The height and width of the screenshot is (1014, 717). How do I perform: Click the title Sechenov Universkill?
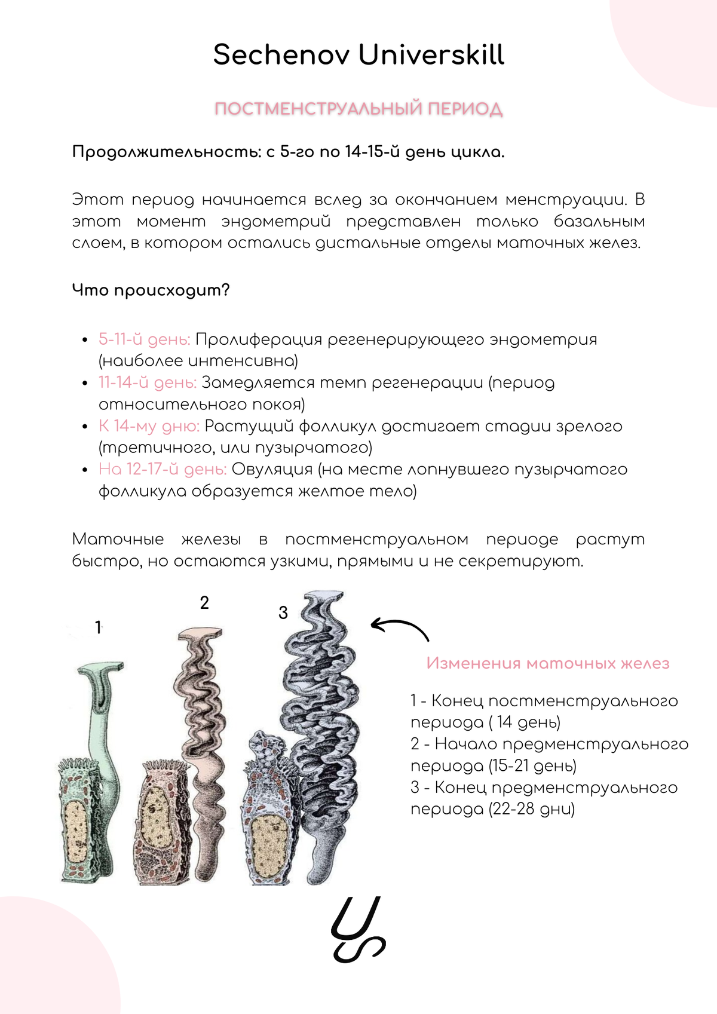pyautogui.click(x=358, y=55)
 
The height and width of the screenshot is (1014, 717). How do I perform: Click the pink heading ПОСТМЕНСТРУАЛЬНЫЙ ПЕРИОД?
pyautogui.click(x=358, y=109)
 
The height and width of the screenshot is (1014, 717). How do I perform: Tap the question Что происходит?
pyautogui.click(x=151, y=290)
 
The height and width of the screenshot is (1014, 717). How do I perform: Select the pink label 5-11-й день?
pyautogui.click(x=144, y=339)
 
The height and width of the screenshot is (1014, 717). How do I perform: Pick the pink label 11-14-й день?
pyautogui.click(x=147, y=382)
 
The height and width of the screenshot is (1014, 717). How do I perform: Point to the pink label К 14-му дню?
pyautogui.click(x=149, y=426)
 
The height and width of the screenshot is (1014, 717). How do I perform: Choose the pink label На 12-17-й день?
pyautogui.click(x=163, y=469)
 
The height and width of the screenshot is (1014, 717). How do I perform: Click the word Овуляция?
pyautogui.click(x=272, y=469)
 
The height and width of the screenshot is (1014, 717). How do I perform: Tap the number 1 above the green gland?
pyautogui.click(x=99, y=627)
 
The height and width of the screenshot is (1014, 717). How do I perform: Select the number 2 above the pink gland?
pyautogui.click(x=204, y=603)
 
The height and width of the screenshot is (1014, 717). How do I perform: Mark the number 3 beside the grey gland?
pyautogui.click(x=283, y=612)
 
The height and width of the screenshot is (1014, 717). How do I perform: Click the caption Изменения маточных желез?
pyautogui.click(x=547, y=663)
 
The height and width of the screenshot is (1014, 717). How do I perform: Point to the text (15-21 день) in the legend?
pyautogui.click(x=532, y=766)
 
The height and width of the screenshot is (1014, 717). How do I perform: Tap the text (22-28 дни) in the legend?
pyautogui.click(x=531, y=810)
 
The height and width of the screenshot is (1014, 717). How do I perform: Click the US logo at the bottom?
pyautogui.click(x=358, y=930)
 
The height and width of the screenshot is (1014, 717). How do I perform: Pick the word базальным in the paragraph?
pyautogui.click(x=599, y=222)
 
